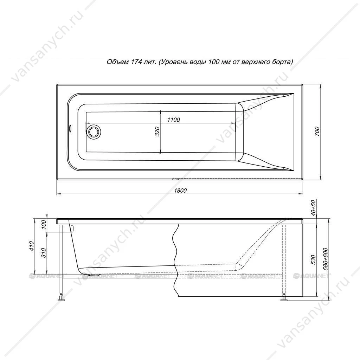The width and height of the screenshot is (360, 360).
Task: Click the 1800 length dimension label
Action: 180,191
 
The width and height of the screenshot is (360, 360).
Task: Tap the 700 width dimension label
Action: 317,131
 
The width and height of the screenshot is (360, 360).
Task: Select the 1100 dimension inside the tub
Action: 174,120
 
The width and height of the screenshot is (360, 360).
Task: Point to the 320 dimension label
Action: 157,131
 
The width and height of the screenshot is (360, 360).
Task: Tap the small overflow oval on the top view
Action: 70,128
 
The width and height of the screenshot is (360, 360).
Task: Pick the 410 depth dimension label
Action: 32,246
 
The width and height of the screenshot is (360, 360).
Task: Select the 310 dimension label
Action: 44,253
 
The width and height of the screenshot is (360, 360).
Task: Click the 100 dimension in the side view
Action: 44,225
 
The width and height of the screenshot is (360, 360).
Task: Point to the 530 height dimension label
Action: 314,260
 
